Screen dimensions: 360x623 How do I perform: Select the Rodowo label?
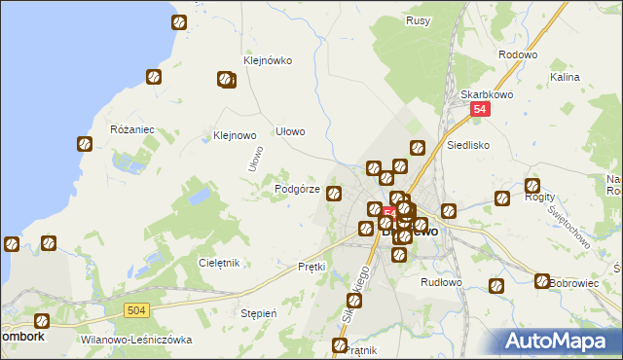coord(517,55)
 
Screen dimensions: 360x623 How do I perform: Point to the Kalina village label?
coord(565,76)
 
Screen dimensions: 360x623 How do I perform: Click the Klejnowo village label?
coord(234,136)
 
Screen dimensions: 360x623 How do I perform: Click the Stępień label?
coord(260,313)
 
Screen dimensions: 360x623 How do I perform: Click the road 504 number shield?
coord(136,309)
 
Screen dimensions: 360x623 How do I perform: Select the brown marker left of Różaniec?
coord(85,144)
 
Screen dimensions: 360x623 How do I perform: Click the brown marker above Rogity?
coord(532,186)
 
